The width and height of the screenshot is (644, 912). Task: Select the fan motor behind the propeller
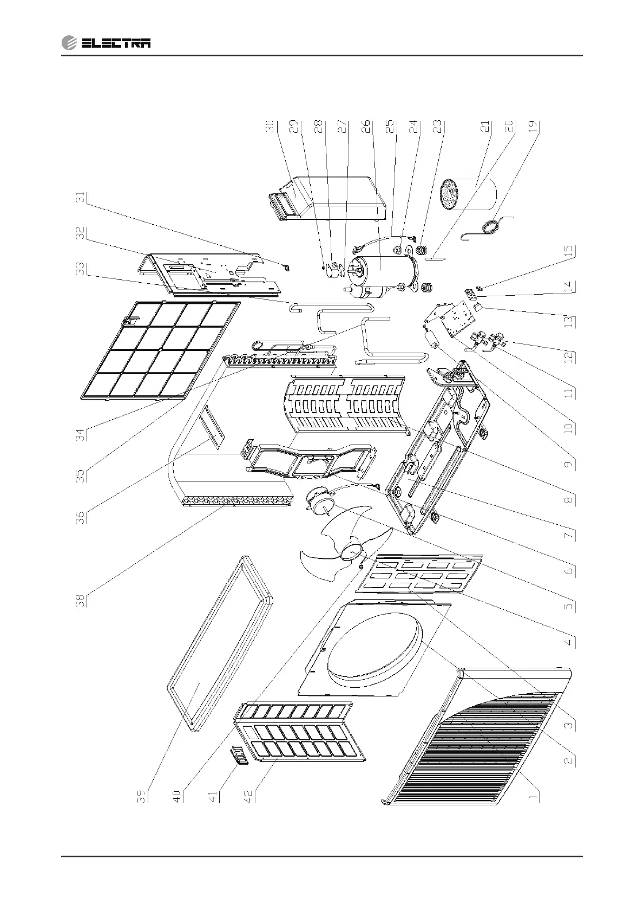click(x=319, y=498)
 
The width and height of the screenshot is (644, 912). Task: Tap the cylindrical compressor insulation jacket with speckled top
click(x=469, y=195)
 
